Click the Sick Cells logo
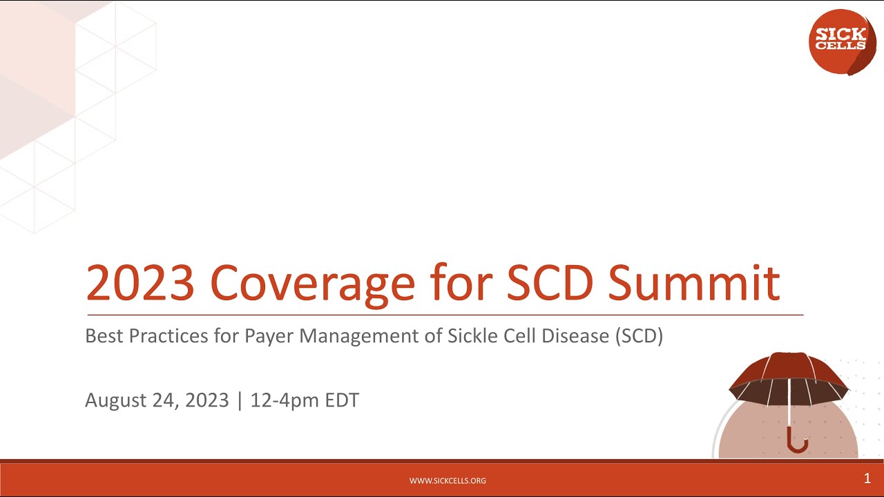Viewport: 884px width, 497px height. point(842,41)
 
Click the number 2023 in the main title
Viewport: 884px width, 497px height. point(140,283)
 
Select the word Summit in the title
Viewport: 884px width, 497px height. point(694,283)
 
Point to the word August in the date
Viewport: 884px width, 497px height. point(111,400)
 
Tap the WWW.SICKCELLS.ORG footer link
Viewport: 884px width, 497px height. point(448,480)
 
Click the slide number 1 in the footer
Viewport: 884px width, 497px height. point(867,478)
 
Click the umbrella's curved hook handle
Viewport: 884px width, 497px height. point(797,442)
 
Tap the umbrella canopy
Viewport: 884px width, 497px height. point(789,376)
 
